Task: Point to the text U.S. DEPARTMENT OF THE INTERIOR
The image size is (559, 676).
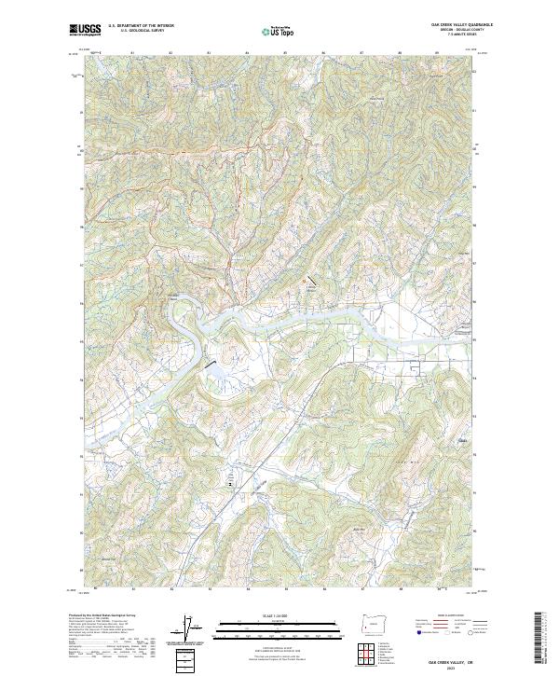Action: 142,25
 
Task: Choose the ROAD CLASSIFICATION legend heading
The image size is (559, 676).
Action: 444,616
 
